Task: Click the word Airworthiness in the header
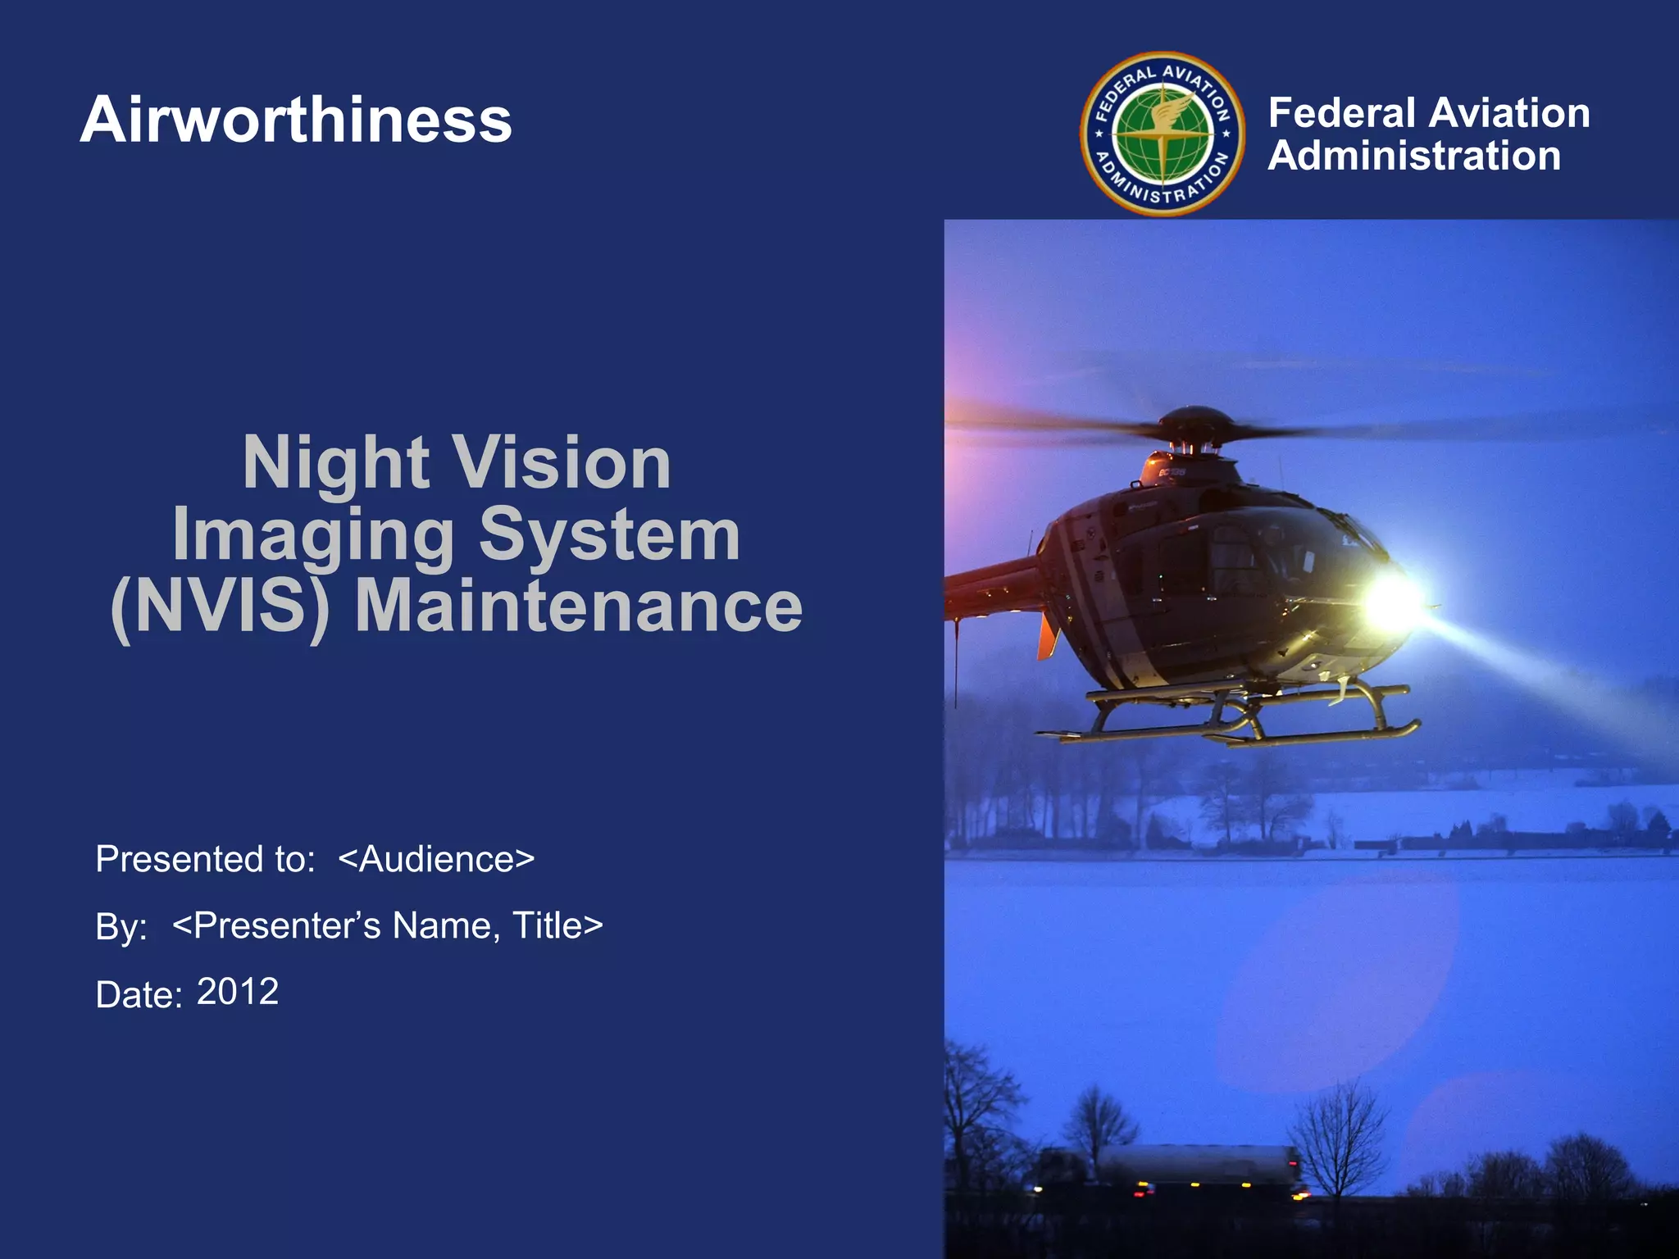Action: (296, 120)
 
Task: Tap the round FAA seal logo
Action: (1163, 134)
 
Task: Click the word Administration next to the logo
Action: (1414, 156)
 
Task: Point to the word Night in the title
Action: (335, 463)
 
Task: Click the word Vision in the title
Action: (562, 463)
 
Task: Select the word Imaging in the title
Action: (313, 535)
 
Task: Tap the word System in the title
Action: (609, 535)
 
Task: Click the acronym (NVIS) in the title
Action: (220, 607)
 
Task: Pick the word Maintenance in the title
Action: (578, 607)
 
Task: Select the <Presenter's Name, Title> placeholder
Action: (388, 925)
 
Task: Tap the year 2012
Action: (238, 992)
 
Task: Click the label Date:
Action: (138, 995)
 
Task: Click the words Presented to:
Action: (205, 859)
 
